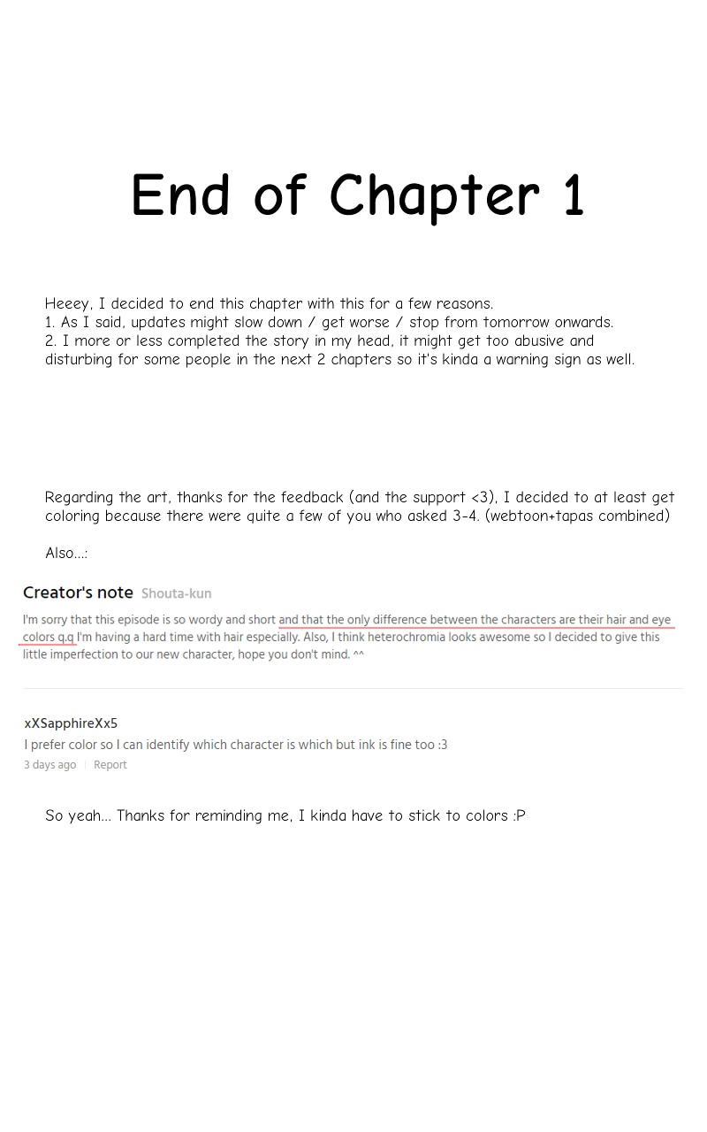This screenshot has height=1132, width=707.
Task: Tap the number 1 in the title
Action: (573, 196)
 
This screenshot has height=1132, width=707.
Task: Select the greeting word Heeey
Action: (68, 304)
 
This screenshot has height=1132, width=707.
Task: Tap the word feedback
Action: (312, 498)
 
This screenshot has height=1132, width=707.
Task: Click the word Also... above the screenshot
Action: (65, 554)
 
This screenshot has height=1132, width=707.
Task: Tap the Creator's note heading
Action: (78, 593)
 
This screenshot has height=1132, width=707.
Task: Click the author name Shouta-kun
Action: (176, 593)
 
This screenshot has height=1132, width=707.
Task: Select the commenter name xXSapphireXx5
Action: (71, 723)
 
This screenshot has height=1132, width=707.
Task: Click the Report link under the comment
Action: (110, 765)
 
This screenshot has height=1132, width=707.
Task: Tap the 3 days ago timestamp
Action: (49, 765)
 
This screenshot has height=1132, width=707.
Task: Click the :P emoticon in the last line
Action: (519, 816)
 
